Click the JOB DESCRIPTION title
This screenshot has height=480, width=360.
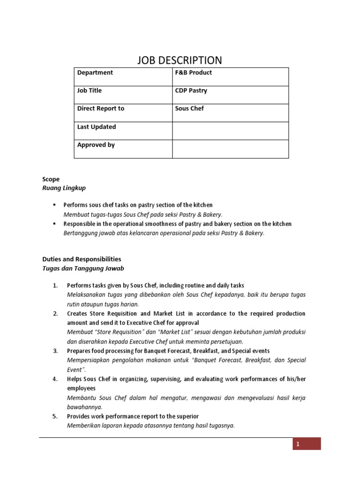180,60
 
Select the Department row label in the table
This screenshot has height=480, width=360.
95,73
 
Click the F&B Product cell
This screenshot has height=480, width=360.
193,73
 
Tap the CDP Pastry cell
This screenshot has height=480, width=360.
191,90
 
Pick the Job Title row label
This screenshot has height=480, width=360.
89,90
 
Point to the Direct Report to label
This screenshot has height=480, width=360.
100,108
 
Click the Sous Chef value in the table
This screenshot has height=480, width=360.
189,108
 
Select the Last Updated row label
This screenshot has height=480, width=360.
96,127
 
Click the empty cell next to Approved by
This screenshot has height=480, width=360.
230,149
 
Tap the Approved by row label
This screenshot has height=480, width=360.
96,145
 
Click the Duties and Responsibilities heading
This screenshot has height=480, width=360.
82,259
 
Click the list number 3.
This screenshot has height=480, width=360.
55,351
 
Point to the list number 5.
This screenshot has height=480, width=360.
55,416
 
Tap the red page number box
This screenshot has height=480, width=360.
307,444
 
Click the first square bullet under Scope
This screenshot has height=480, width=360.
55,205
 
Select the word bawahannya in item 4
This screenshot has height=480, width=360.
85,407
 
